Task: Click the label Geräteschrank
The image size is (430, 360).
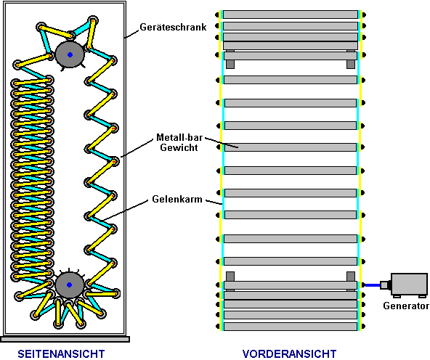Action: (173, 27)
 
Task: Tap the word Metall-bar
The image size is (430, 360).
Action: (179, 137)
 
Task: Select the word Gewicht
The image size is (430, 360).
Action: (179, 147)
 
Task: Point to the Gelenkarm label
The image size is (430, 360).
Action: (177, 199)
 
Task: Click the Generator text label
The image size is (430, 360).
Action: (406, 306)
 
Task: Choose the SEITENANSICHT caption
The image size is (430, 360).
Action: (61, 353)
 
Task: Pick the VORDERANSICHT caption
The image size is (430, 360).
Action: (290, 353)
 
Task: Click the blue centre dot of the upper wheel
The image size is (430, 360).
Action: (70, 54)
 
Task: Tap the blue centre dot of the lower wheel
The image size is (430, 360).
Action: (70, 285)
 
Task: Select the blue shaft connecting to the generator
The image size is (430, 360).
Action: (372, 285)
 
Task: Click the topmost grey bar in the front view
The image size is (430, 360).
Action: (291, 15)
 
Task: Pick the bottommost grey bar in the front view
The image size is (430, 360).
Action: (291, 327)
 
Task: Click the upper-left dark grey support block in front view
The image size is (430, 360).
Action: (230, 64)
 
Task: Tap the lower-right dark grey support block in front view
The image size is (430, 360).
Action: (351, 276)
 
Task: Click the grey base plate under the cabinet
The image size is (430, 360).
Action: (65, 340)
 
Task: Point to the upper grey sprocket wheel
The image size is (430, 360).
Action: (70, 54)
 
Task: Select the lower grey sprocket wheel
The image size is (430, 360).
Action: (70, 285)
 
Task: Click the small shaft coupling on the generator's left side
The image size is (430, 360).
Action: (385, 285)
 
